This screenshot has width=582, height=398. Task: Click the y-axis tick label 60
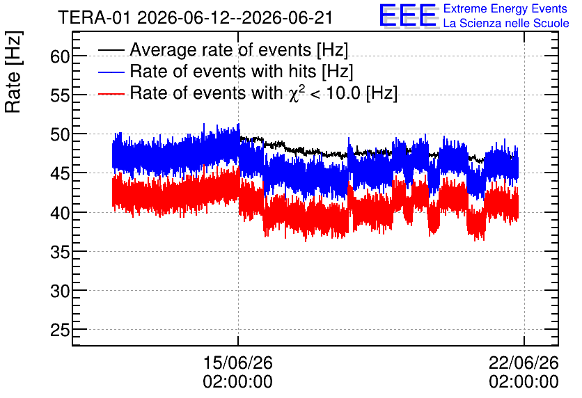[60, 57]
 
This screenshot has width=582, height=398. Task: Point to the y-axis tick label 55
[60, 96]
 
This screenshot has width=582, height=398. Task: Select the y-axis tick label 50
[60, 135]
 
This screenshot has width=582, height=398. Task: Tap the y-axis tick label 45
[60, 174]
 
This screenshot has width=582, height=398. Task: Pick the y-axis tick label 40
[60, 214]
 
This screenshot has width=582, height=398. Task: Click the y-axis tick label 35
[60, 253]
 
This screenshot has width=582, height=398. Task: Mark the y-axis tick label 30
[60, 292]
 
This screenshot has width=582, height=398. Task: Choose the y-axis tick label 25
[60, 330]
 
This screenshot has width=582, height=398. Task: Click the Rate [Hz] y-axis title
[13, 72]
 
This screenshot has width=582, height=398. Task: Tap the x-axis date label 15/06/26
[238, 363]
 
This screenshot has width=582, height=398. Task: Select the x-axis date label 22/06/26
[524, 363]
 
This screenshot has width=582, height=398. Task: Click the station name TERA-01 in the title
[94, 18]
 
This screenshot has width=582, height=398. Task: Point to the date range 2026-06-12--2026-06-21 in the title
[235, 18]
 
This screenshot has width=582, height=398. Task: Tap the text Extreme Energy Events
[505, 8]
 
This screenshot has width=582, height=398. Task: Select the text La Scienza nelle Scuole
[506, 24]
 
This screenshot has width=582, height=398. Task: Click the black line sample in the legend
[111, 50]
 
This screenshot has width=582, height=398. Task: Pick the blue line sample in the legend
[111, 72]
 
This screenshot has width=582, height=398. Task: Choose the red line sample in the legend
[111, 94]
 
